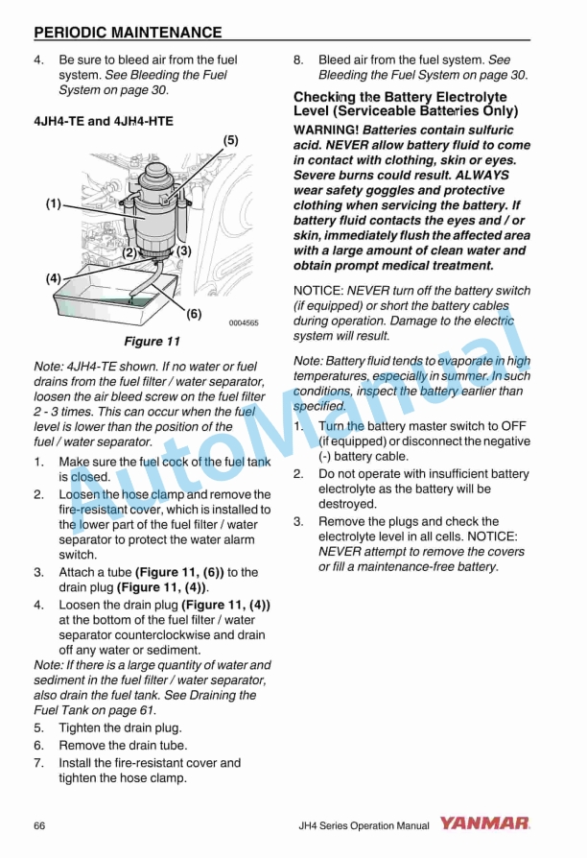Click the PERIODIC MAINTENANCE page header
coord(128,33)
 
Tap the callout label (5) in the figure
coord(230,140)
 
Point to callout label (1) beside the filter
coord(54,203)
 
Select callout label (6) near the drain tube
coord(194,313)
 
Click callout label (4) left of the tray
coord(54,277)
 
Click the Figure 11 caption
coord(152,341)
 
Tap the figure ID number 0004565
coord(243,323)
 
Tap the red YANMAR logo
coord(485,823)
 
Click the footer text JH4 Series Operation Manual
coord(364,825)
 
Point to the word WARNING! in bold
coord(327,130)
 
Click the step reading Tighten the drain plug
coord(120,727)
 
